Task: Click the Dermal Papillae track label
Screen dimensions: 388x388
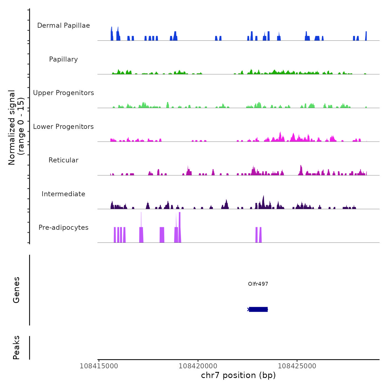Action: (x=63, y=25)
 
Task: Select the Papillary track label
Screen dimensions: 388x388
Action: (x=63, y=59)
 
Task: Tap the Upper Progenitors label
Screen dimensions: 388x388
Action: (x=63, y=93)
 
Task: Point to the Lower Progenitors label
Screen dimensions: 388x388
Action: (x=63, y=127)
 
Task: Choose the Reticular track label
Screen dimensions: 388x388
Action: (x=63, y=160)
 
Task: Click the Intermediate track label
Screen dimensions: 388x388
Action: (x=63, y=194)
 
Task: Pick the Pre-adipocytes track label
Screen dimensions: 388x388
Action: (x=63, y=228)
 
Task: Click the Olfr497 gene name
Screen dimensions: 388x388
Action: (x=258, y=284)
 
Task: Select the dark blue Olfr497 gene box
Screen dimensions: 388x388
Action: (x=258, y=309)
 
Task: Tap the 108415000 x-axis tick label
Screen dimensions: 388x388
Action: (x=99, y=366)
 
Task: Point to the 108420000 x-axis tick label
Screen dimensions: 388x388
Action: (x=198, y=366)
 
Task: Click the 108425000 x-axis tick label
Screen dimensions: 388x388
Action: (x=297, y=366)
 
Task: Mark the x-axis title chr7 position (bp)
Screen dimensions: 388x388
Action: (x=238, y=375)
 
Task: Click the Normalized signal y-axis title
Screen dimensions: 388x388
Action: (x=16, y=127)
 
